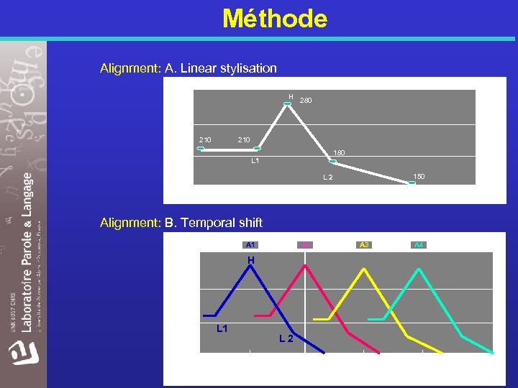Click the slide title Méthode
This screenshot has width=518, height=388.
point(275,18)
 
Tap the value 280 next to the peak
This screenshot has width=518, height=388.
point(306,101)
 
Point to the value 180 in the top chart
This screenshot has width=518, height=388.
point(338,152)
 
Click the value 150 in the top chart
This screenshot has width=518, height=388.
point(419,176)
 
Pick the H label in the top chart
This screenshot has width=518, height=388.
point(291,96)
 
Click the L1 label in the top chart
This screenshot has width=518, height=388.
point(255,160)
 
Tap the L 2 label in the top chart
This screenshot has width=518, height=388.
point(327,177)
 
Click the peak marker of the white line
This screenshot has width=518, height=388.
point(287,103)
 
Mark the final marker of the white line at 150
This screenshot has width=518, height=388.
point(412,183)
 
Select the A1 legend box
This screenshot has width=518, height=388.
point(250,245)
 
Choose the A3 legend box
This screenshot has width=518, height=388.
point(364,245)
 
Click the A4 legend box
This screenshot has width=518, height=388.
point(419,245)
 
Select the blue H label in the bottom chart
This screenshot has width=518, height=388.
point(251,259)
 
